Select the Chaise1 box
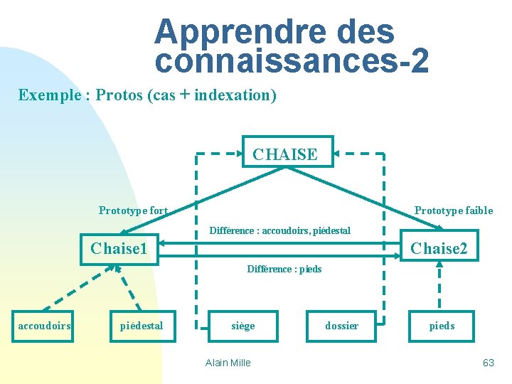point(119,248)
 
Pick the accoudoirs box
point(44,326)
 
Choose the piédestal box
point(142,326)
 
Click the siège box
point(242,326)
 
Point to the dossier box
point(341,326)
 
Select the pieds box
point(442,326)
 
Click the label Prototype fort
point(133,210)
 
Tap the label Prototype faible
point(453,210)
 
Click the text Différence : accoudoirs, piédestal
point(279,230)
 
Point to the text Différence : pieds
point(284,269)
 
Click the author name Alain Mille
point(228,363)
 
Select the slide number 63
point(488,363)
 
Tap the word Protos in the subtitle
point(119,95)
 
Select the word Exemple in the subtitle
point(48,95)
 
